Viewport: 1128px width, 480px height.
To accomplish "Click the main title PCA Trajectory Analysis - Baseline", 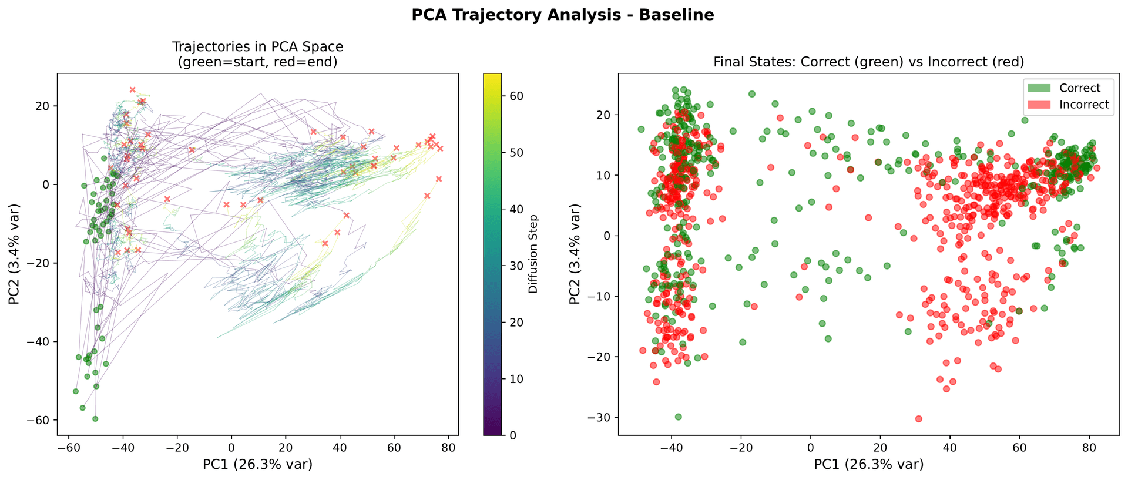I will pos(563,15).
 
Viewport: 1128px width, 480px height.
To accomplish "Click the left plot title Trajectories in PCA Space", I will pos(257,46).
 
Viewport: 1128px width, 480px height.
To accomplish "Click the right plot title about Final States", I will pos(868,62).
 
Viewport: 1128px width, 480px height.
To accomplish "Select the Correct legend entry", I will pos(1079,88).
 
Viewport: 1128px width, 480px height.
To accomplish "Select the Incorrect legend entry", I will pos(1084,105).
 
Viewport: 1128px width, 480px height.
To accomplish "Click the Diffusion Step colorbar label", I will pos(533,254).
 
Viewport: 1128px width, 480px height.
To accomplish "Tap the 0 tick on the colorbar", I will pos(513,435).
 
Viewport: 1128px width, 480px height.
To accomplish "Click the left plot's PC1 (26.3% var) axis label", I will pos(257,465).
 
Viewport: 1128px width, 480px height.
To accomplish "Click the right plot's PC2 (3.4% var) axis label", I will pos(575,254).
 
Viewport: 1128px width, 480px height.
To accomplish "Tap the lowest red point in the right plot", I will pos(919,419).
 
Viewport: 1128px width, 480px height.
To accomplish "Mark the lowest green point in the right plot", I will pos(678,417).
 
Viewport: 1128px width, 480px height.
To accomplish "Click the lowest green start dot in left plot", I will pos(95,419).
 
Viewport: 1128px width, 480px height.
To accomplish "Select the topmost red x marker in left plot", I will pos(133,90).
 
